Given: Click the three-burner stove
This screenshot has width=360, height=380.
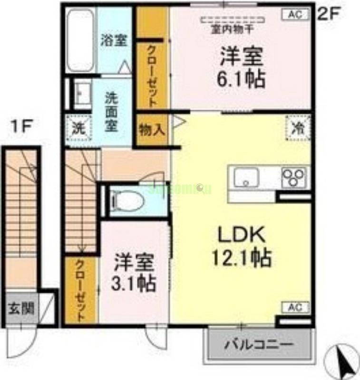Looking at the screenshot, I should click(x=294, y=177).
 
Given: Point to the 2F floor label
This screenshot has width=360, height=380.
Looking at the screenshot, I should click(x=328, y=13).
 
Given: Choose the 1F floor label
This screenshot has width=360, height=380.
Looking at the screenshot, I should click(x=22, y=127).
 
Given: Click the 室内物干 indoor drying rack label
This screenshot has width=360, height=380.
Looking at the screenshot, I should click(x=233, y=29).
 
